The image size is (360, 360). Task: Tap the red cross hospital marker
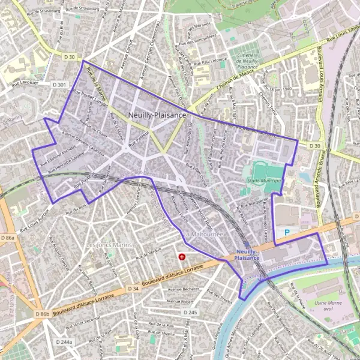pos(182,257)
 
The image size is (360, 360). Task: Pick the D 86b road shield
pos(41,314)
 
